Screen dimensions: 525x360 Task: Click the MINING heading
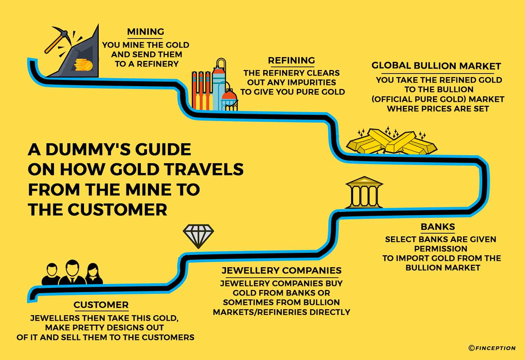point(146,32)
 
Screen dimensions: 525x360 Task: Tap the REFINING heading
point(291,61)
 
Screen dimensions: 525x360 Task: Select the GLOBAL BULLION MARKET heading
point(436,66)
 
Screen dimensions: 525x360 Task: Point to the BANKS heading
point(437,227)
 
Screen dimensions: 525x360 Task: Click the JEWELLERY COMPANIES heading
point(281,270)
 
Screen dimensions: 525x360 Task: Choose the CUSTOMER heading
point(101,305)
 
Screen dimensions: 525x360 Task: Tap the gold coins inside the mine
point(83,65)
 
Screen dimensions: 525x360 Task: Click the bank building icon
point(364,192)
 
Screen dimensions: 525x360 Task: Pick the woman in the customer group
point(93,274)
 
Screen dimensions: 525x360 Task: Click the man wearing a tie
point(72,272)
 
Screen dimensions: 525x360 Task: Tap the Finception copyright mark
point(492,348)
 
